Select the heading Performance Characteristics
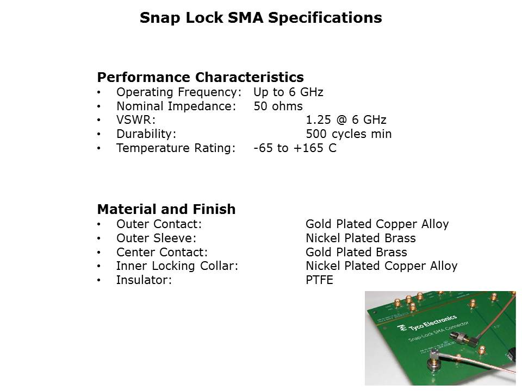(x=200, y=77)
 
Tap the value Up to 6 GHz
(x=288, y=92)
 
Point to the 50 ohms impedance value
(x=278, y=106)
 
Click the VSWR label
(x=136, y=120)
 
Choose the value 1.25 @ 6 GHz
(x=346, y=120)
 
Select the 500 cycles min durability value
(x=349, y=134)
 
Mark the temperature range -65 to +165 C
(x=295, y=148)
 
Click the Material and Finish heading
(x=166, y=210)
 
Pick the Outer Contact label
(x=159, y=224)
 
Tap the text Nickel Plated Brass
(x=361, y=238)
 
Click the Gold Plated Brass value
(x=356, y=253)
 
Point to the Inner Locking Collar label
(x=177, y=266)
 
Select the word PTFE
(x=319, y=280)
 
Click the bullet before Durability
(x=98, y=134)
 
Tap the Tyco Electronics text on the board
(x=433, y=322)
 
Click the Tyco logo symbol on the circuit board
(x=403, y=328)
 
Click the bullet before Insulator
(x=98, y=280)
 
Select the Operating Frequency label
(x=178, y=92)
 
